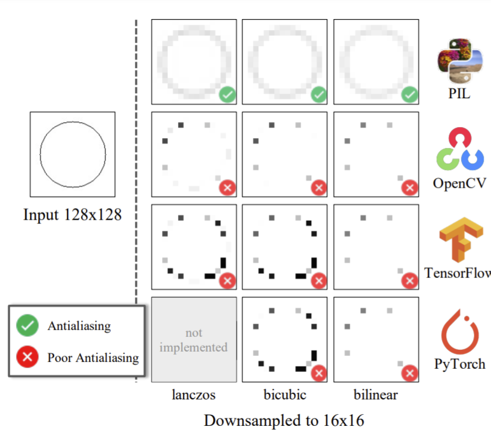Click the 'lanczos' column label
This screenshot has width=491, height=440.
pos(193,395)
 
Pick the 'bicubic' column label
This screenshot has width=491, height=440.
pos(284,395)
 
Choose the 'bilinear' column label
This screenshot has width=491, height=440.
pos(376,395)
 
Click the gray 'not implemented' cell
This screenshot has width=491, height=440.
pos(194,339)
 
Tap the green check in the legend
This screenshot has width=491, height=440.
pos(28,326)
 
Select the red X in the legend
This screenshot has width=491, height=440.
pos(28,357)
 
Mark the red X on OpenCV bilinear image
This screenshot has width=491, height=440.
pos(409,187)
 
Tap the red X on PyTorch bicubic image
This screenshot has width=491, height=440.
pos(319,372)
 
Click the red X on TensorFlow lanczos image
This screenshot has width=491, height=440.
pos(227,280)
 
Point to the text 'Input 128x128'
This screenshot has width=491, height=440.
pos(72,215)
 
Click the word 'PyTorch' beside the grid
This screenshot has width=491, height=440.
pos(460,364)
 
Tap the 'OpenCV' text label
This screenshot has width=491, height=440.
pos(459,183)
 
